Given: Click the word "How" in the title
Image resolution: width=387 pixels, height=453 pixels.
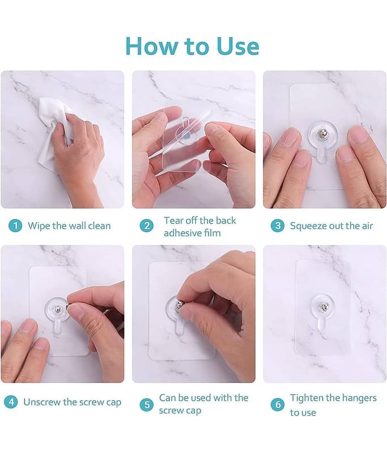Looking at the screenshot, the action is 151,46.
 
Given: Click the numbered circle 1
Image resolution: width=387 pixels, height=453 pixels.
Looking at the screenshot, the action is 15,225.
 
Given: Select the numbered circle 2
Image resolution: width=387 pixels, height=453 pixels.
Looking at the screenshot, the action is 147,225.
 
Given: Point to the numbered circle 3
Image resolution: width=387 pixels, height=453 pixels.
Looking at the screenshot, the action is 278,225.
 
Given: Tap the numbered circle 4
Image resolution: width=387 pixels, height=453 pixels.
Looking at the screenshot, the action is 11,402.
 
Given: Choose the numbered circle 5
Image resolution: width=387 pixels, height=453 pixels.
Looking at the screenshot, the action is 147,405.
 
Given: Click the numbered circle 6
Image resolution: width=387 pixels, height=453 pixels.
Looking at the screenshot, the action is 278,405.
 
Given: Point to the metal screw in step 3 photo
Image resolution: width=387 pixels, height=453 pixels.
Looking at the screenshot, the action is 322,134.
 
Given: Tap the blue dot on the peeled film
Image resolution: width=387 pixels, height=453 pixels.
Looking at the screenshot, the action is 187,135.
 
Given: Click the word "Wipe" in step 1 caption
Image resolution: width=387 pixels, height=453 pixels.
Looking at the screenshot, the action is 39,226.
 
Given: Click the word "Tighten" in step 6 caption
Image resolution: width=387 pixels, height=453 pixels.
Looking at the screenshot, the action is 307,399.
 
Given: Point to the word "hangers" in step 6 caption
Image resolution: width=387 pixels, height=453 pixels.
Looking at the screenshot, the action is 359,399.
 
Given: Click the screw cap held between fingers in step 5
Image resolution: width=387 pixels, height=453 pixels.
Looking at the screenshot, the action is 180,305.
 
